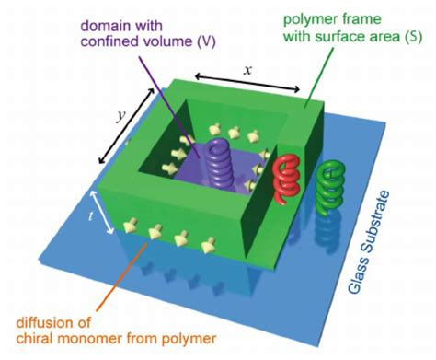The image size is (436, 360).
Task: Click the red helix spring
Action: [287, 174]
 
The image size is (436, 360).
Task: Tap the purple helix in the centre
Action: [221, 159]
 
